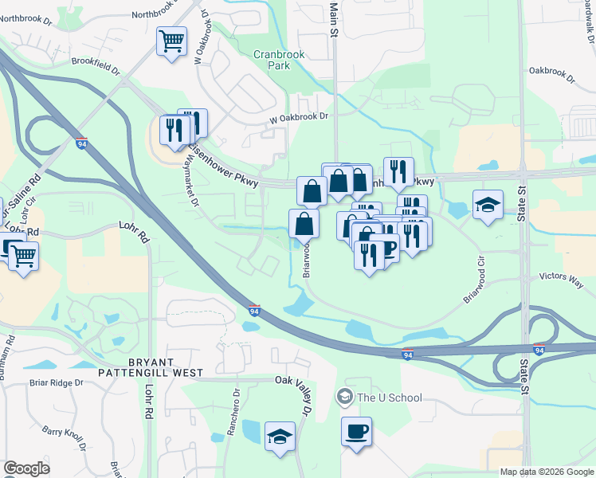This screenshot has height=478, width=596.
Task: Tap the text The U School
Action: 390,397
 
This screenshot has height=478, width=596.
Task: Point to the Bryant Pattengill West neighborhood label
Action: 151,366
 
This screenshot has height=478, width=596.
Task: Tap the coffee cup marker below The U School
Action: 356,432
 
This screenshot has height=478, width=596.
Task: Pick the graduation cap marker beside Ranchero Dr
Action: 280,437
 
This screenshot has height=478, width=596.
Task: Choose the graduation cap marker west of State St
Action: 488,205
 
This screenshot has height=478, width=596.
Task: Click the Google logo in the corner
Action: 26,468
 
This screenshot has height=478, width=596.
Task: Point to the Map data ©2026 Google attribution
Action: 547,472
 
